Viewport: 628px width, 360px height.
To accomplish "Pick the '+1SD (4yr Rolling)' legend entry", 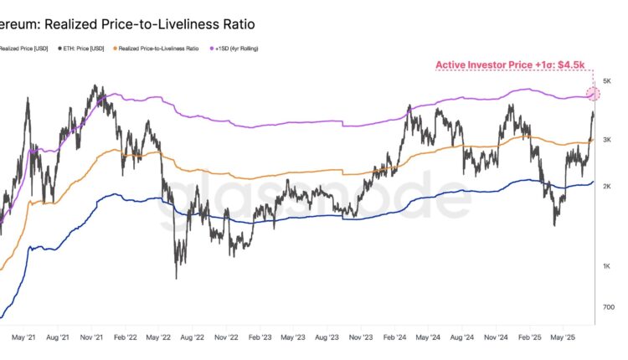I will [237, 49].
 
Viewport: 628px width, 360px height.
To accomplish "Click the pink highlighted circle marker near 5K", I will [593, 95].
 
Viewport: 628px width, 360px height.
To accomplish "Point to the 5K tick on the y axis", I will [610, 81].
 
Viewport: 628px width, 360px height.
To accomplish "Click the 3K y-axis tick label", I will [610, 138].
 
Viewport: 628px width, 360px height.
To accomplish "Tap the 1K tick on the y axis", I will [610, 266].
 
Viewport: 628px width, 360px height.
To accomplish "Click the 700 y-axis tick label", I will [610, 307].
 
